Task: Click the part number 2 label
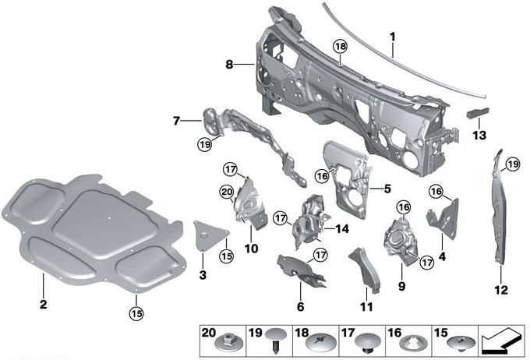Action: [x=44, y=304]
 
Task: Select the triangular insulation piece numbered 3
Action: [x=209, y=235]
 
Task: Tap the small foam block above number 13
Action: [x=477, y=112]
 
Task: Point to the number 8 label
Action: [x=229, y=64]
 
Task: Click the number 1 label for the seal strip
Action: [x=392, y=37]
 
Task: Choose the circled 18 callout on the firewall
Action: [x=341, y=46]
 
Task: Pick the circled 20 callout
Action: [x=227, y=192]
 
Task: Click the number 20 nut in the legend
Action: [x=229, y=344]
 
